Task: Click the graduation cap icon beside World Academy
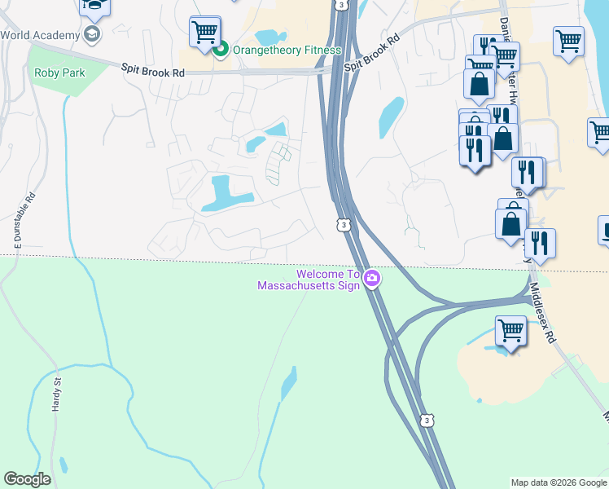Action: pyautogui.click(x=92, y=34)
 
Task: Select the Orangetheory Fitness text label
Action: pyautogui.click(x=287, y=50)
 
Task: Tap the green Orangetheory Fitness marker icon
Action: pyautogui.click(x=221, y=50)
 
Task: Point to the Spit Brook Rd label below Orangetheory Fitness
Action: pyautogui.click(x=153, y=72)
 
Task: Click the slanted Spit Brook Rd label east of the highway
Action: pyautogui.click(x=372, y=52)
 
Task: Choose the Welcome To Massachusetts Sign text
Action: pyautogui.click(x=309, y=280)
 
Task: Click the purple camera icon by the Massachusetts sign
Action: pyautogui.click(x=372, y=279)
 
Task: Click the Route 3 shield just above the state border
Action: pyautogui.click(x=344, y=224)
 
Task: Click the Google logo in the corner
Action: pyautogui.click(x=27, y=479)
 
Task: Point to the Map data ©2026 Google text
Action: pyautogui.click(x=559, y=482)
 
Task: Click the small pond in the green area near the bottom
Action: pyautogui.click(x=289, y=383)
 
